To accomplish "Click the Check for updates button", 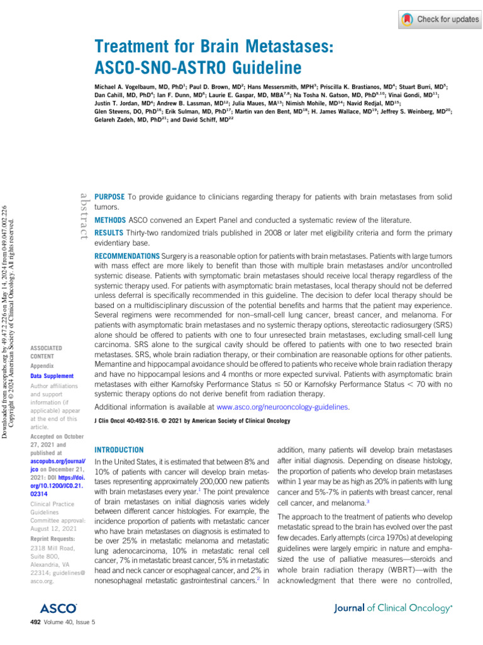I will tap(440, 20).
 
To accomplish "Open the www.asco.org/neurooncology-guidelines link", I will tap(282, 408).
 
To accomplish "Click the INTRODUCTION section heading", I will tap(119, 450).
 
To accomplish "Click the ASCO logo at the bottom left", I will tap(58, 608).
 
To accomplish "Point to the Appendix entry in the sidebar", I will tap(42, 365).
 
